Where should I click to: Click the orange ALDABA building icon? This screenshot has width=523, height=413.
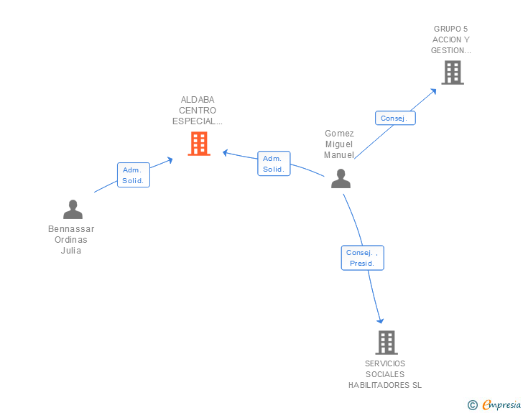click(x=199, y=144)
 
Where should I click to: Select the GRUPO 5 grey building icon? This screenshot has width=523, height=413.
click(x=453, y=73)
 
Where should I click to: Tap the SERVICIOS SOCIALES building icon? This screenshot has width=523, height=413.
click(x=387, y=343)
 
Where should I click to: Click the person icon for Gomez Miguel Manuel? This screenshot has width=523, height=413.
click(x=341, y=178)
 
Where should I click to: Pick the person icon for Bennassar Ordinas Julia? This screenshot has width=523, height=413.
click(x=73, y=209)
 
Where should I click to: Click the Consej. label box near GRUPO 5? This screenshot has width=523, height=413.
click(x=395, y=118)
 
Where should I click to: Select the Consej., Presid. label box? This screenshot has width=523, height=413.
click(x=363, y=258)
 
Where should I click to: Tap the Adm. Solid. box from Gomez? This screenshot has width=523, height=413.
click(x=274, y=164)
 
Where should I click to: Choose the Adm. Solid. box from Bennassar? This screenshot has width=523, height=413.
click(x=134, y=175)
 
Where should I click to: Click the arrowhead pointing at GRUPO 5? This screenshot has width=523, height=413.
click(x=434, y=91)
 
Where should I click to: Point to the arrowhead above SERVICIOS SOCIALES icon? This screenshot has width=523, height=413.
click(x=380, y=320)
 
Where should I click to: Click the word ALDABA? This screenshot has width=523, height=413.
click(x=198, y=100)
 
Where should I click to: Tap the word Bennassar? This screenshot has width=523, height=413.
click(x=71, y=229)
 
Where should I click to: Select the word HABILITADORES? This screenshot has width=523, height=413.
click(x=379, y=385)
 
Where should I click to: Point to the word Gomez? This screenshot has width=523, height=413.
click(x=339, y=134)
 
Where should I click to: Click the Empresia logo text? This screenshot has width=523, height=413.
click(x=501, y=404)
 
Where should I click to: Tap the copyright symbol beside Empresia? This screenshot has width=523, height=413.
click(x=473, y=405)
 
